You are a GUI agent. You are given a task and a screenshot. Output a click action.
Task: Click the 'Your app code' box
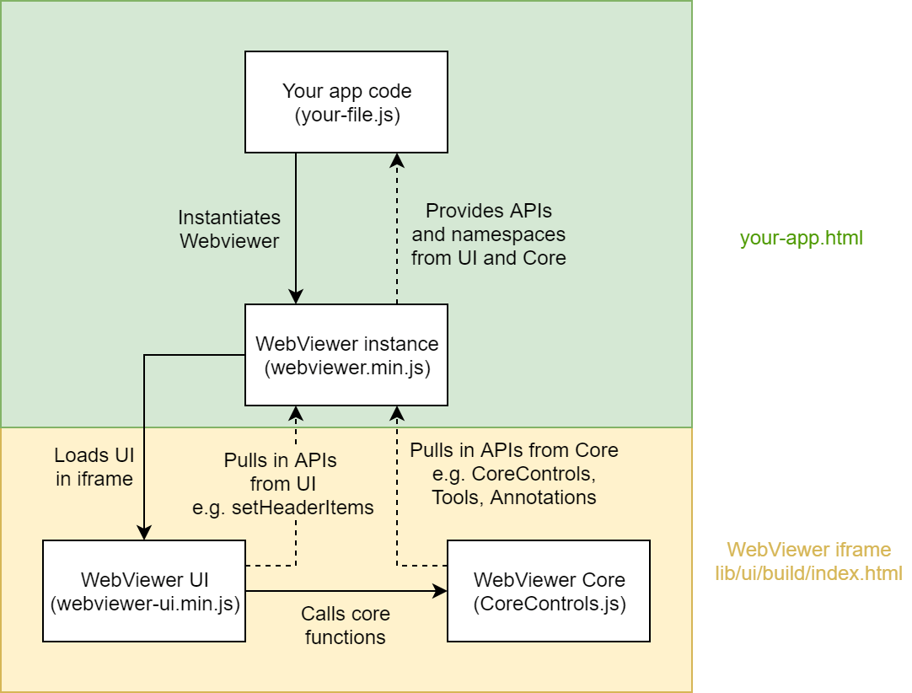point(346,102)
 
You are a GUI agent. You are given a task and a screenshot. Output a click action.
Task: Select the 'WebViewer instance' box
point(346,355)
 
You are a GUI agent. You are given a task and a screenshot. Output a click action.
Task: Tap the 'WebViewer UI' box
point(144,591)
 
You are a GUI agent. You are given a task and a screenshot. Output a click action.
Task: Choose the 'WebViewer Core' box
point(549,591)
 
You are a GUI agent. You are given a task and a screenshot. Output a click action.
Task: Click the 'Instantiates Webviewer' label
point(229,228)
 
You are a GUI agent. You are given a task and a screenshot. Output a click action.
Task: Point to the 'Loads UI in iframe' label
point(94,467)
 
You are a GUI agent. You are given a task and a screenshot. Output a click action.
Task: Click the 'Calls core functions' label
point(346,626)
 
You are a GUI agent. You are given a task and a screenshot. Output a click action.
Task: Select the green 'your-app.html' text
point(801,238)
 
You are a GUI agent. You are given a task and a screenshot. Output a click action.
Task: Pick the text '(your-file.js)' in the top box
point(346,115)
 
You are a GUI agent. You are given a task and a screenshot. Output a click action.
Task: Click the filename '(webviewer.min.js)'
point(346,368)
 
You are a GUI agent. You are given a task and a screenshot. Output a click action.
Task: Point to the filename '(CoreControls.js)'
point(550,604)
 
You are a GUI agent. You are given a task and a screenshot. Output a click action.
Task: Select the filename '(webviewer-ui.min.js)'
point(145,604)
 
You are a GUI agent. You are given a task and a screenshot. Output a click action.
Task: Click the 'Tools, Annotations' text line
point(513,497)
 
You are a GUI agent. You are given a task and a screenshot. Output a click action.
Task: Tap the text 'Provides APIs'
point(488,210)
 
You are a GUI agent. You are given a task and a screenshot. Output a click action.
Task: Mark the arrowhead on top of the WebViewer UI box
point(144,533)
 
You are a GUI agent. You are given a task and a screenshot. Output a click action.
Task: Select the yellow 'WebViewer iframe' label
point(808,550)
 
